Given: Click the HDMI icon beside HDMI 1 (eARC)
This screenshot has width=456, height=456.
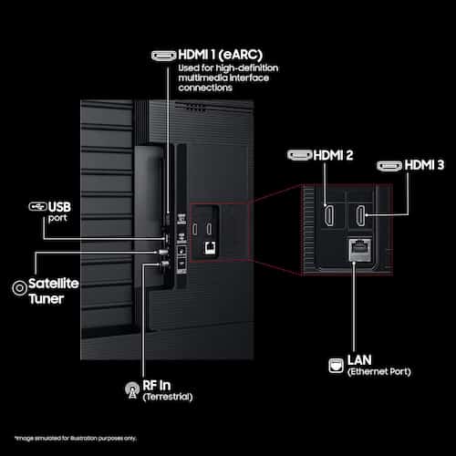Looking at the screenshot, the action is pyautogui.click(x=163, y=56).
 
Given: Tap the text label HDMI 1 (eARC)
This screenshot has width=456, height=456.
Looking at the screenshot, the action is pyautogui.click(x=221, y=55).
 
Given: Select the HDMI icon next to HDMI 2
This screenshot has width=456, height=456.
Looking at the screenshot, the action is pyautogui.click(x=300, y=155).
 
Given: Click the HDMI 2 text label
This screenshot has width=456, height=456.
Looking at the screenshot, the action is pyautogui.click(x=333, y=155).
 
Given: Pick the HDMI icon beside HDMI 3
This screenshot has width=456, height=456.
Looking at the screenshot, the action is pyautogui.click(x=389, y=166).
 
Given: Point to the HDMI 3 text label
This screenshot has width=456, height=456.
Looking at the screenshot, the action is pyautogui.click(x=424, y=165).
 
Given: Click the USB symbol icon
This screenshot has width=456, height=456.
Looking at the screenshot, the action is pyautogui.click(x=37, y=206).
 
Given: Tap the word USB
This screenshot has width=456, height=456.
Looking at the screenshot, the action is pyautogui.click(x=59, y=207).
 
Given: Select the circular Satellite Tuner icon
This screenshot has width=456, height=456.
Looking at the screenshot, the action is pyautogui.click(x=19, y=287).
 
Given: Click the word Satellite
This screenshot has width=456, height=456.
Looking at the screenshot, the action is pyautogui.click(x=54, y=284).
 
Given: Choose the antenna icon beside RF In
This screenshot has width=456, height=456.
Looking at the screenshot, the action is pyautogui.click(x=132, y=390).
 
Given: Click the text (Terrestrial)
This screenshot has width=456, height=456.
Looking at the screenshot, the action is pyautogui.click(x=168, y=397).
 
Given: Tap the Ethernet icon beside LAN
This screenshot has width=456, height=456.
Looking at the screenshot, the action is pyautogui.click(x=336, y=365).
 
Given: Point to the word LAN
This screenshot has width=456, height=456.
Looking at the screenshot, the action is pyautogui.click(x=359, y=360).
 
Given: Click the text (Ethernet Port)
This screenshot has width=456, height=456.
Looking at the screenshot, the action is pyautogui.click(x=379, y=371).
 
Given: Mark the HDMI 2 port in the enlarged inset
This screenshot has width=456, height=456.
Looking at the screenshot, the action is pyautogui.click(x=328, y=215).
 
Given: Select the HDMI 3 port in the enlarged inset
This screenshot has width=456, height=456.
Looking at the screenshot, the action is pyautogui.click(x=360, y=215).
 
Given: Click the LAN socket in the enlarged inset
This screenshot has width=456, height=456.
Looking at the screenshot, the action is pyautogui.click(x=360, y=250).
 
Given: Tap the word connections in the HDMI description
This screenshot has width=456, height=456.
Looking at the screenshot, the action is pyautogui.click(x=205, y=88).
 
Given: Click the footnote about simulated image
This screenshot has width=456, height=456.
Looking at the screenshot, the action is pyautogui.click(x=76, y=438).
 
